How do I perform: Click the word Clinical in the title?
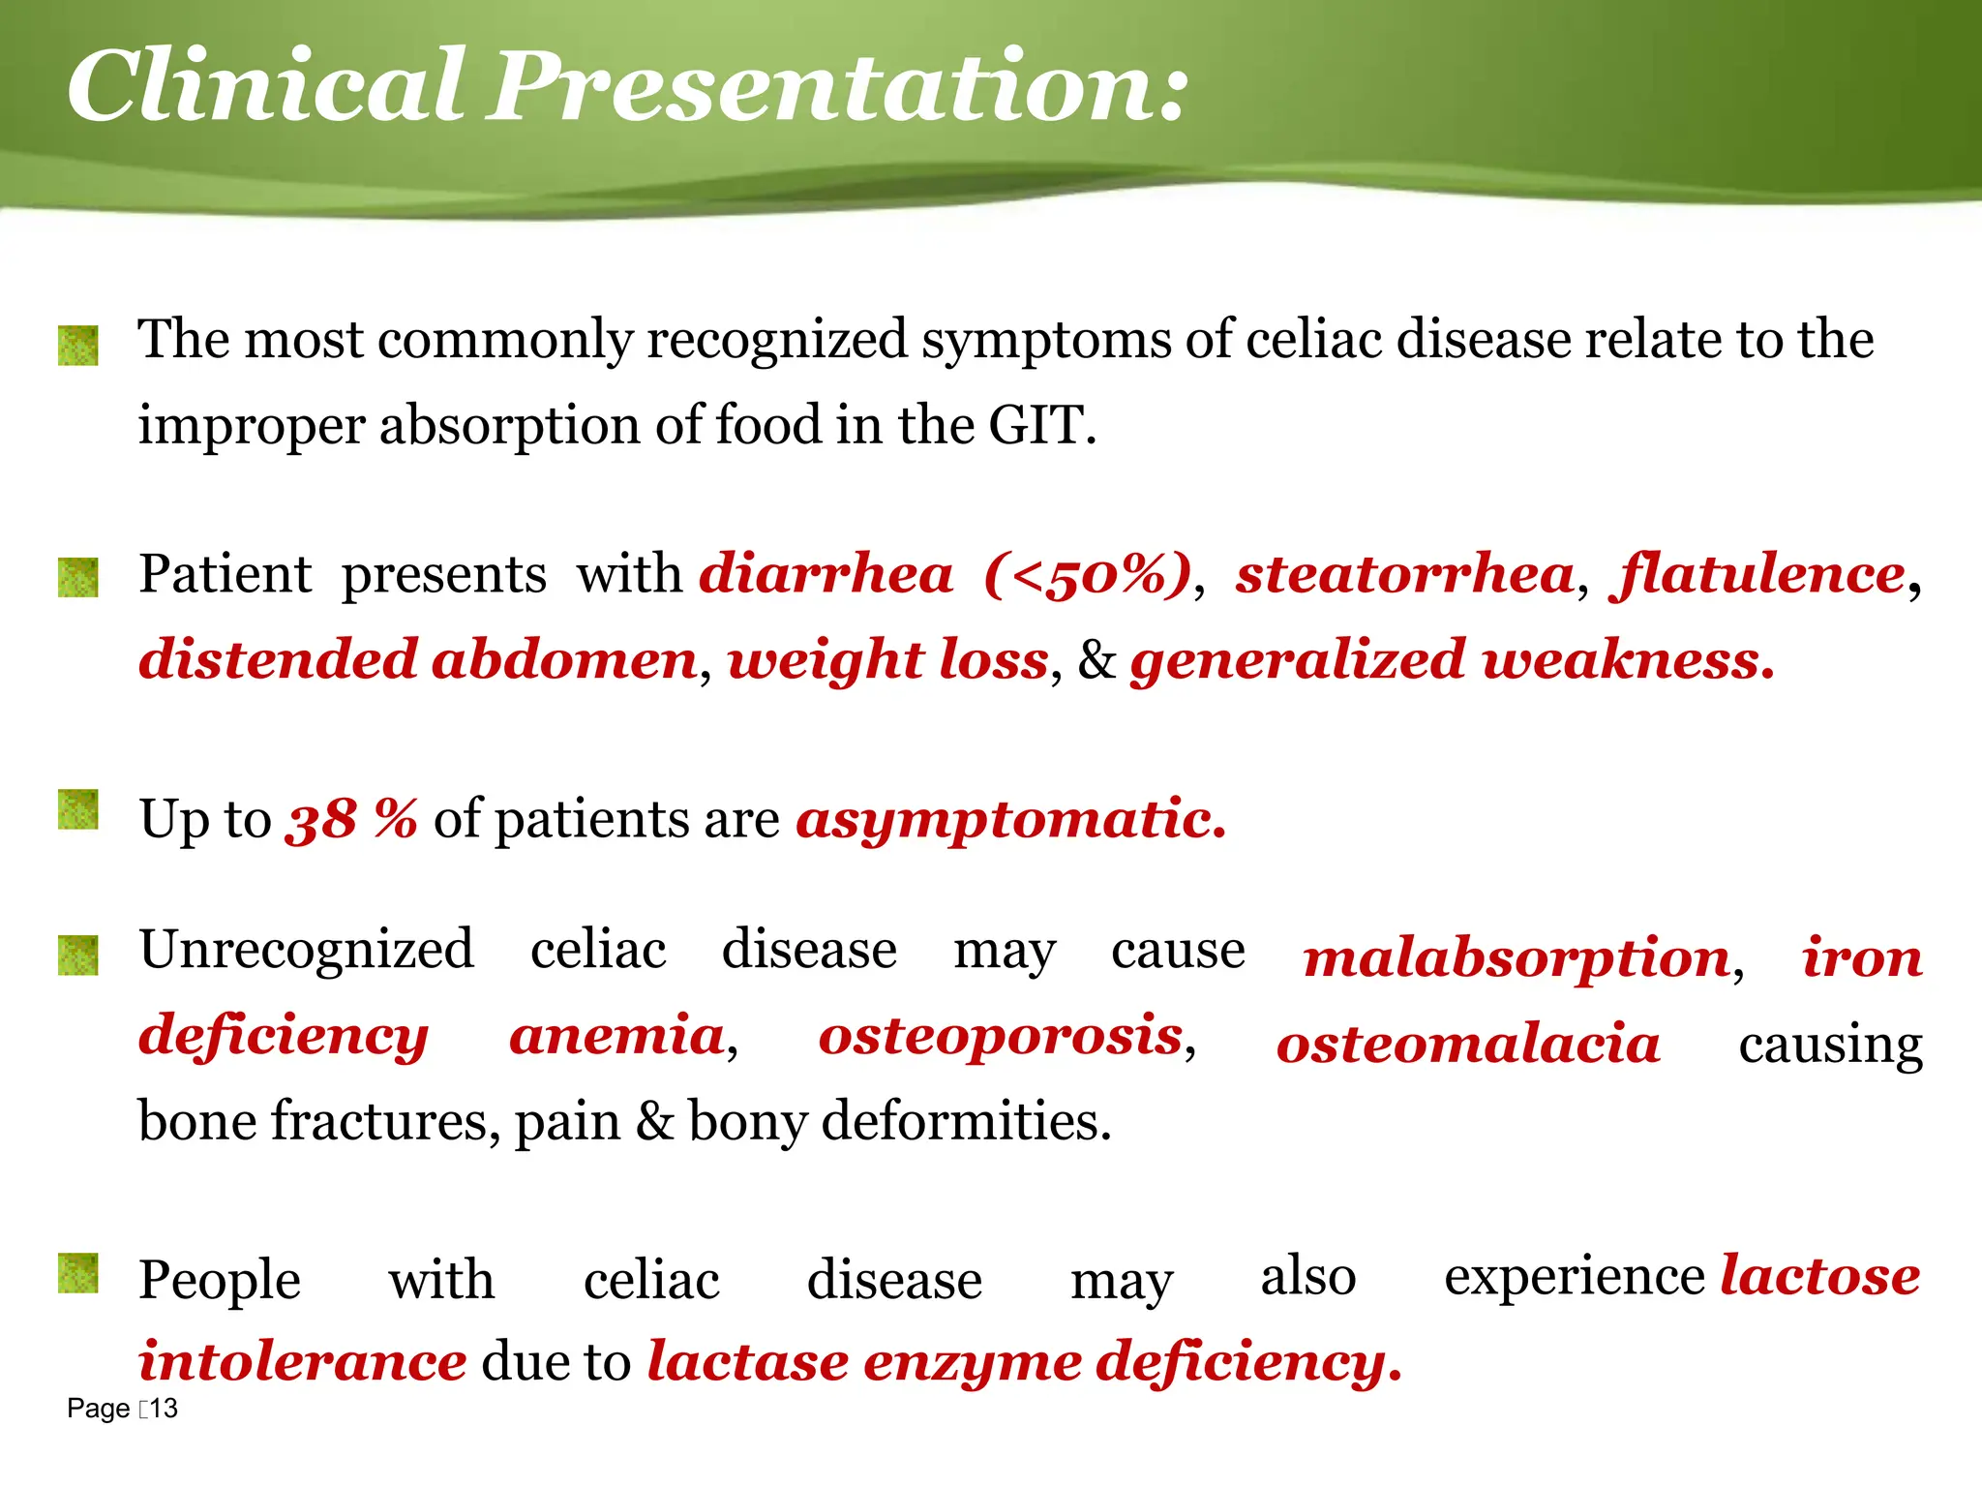click(266, 87)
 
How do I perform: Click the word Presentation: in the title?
click(838, 87)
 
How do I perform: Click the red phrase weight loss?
click(888, 660)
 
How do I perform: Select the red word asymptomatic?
click(1010, 820)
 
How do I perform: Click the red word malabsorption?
click(1517, 958)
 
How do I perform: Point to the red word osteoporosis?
click(1001, 1036)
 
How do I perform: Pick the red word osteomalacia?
click(1468, 1045)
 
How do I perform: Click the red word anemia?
click(617, 1036)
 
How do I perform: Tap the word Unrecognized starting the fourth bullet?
click(307, 949)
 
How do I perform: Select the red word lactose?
click(1820, 1276)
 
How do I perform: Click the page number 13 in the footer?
click(165, 1409)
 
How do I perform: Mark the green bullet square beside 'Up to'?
click(78, 809)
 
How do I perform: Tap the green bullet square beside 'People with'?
click(78, 1273)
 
